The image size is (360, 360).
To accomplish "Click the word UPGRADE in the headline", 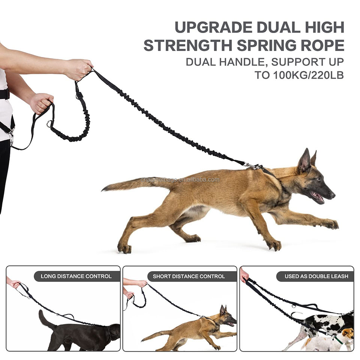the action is pyautogui.click(x=213, y=27).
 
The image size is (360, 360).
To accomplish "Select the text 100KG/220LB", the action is pyautogui.click(x=308, y=75).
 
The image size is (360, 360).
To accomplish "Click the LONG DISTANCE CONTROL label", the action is pyautogui.click(x=76, y=276).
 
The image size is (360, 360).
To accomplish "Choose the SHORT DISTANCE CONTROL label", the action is pyautogui.click(x=189, y=276).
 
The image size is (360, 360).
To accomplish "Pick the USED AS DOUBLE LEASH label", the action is pyautogui.click(x=316, y=276).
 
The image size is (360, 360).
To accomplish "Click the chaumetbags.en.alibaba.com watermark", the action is pyautogui.click(x=180, y=180).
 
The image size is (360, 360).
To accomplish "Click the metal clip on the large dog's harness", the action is pyautogui.click(x=252, y=166).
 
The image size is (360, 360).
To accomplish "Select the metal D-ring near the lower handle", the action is pyautogui.click(x=49, y=124).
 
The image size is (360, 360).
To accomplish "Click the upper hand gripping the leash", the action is pyautogui.click(x=79, y=69).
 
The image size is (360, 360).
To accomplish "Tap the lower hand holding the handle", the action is pyautogui.click(x=41, y=103).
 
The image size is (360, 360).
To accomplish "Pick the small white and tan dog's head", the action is pyautogui.click(x=348, y=333).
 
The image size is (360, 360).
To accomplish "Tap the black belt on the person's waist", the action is pyautogui.click(x=4, y=94).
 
